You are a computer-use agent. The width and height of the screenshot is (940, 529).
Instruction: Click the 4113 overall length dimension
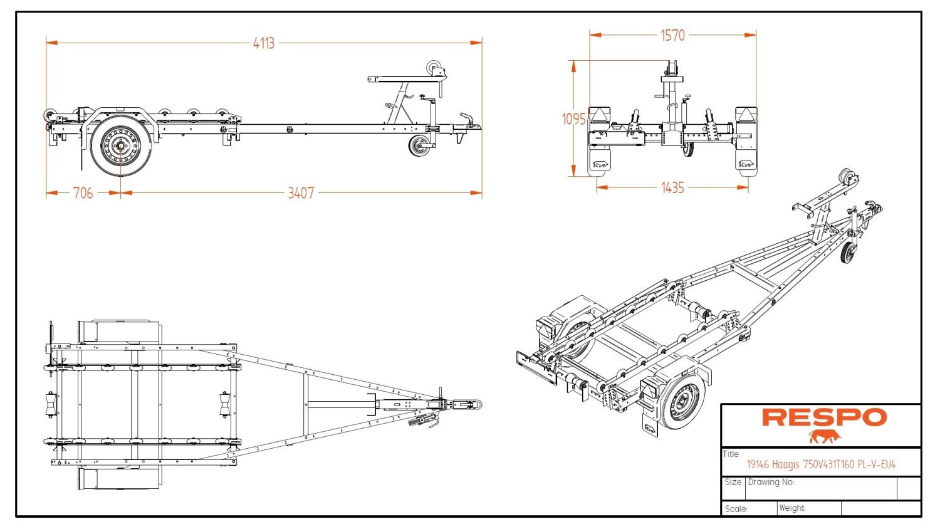pyautogui.click(x=264, y=43)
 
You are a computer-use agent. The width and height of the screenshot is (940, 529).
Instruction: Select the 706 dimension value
pyautogui.click(x=83, y=193)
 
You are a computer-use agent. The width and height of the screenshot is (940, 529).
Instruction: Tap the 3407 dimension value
pyautogui.click(x=301, y=193)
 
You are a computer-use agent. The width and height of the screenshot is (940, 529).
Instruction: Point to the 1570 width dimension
pyautogui.click(x=672, y=36)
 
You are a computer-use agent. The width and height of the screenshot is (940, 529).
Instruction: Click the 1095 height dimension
pyautogui.click(x=573, y=119)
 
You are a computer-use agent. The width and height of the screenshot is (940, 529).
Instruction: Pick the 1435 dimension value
pyautogui.click(x=672, y=187)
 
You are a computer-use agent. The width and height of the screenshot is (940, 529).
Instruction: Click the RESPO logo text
pyautogui.click(x=824, y=417)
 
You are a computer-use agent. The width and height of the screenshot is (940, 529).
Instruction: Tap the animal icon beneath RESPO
pyautogui.click(x=824, y=436)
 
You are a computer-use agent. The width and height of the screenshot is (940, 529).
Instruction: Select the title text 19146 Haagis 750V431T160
pyautogui.click(x=821, y=464)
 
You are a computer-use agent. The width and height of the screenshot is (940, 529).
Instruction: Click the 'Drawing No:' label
pyautogui.click(x=771, y=482)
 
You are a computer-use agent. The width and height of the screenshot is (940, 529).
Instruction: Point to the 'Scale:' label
pyautogui.click(x=736, y=508)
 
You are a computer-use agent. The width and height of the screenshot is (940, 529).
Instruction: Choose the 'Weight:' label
pyautogui.click(x=792, y=508)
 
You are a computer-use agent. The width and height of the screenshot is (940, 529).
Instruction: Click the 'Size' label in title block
pyautogui.click(x=733, y=482)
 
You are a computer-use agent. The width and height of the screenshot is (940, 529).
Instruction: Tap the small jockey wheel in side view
pyautogui.click(x=419, y=147)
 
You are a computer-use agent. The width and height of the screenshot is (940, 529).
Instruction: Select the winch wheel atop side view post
pyautogui.click(x=434, y=68)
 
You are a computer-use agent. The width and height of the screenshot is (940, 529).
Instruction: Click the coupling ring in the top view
pyautogui.click(x=474, y=404)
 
